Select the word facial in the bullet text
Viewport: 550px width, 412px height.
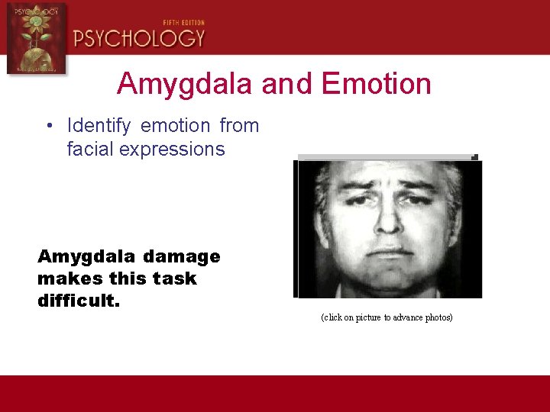90,149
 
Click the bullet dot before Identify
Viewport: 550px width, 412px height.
48,126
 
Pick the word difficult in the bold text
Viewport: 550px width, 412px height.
78,301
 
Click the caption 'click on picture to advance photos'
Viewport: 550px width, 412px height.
387,317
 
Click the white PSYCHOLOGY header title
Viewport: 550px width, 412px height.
139,38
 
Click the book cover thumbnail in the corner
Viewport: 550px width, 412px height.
35,38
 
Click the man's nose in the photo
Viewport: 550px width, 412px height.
388,221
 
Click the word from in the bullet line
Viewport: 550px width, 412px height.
239,125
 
